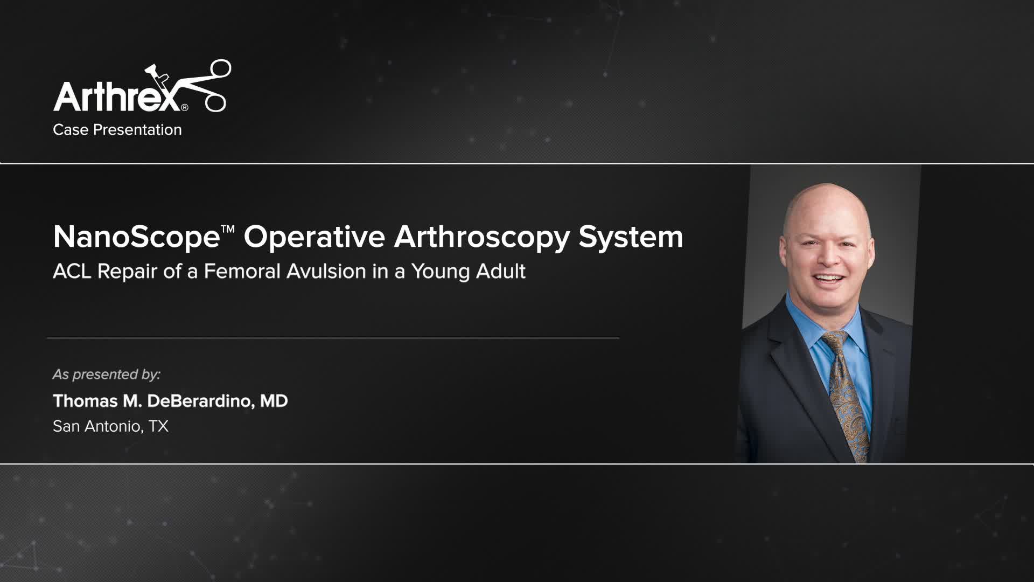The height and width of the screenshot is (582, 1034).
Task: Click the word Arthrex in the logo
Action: point(116,97)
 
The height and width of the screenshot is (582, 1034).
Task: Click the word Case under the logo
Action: point(71,130)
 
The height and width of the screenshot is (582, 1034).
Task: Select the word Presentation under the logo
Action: point(137,130)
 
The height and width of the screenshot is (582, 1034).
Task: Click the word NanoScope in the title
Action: point(136,237)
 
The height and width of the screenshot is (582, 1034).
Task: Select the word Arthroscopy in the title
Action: point(481,237)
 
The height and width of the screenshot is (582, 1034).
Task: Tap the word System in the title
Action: point(631,237)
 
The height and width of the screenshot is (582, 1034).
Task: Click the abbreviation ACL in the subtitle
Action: point(72,271)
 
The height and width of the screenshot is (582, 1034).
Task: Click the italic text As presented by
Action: point(106,374)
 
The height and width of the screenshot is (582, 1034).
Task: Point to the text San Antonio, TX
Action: point(110,426)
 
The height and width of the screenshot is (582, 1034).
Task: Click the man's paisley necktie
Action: point(848,393)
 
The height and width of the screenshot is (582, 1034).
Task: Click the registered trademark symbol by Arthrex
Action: point(185,107)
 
